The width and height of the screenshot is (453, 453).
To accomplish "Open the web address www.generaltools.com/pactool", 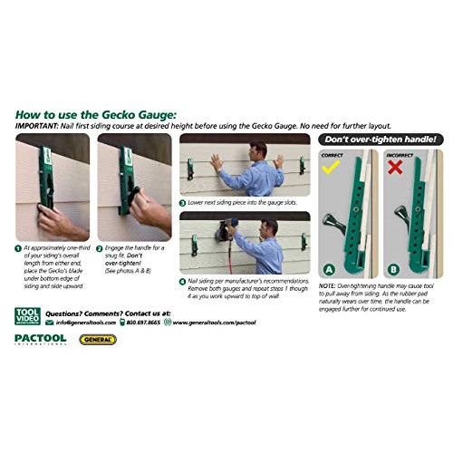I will (215, 322).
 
